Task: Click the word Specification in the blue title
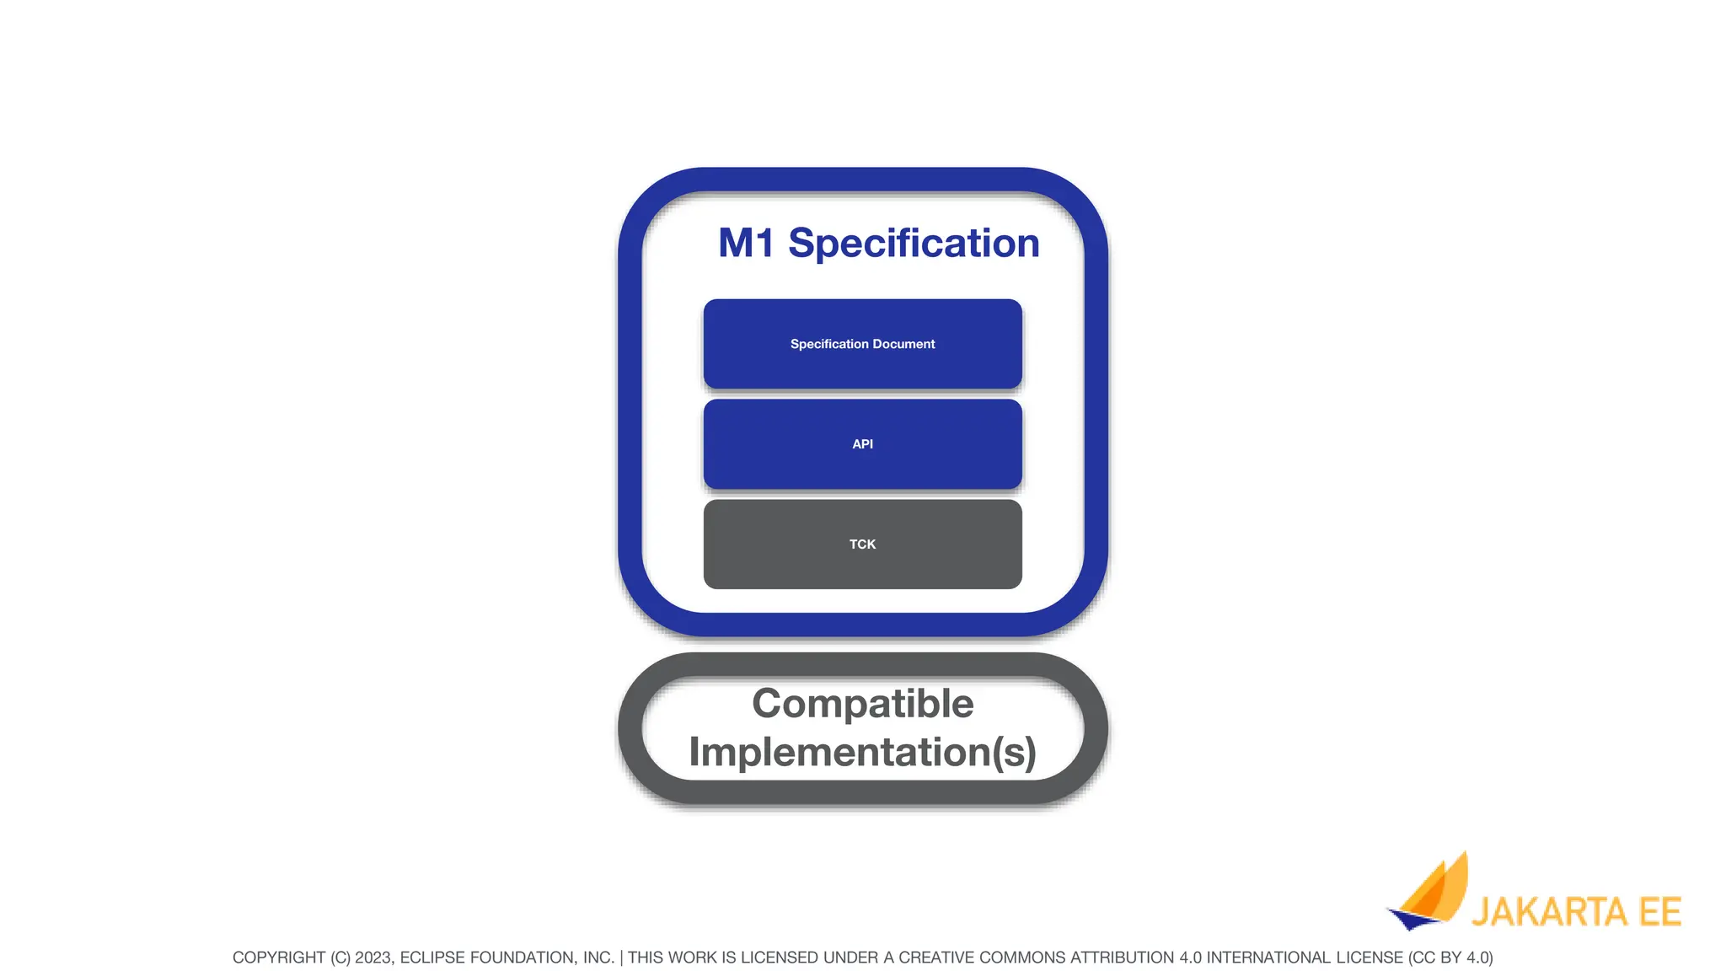[x=914, y=244]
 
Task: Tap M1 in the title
[x=745, y=244]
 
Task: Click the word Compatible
[x=862, y=703]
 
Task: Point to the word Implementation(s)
[x=862, y=752]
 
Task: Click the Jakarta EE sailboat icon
[x=1430, y=893]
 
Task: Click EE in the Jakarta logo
[x=1659, y=913]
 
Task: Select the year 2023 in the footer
[x=373, y=958]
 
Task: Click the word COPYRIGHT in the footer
[x=279, y=958]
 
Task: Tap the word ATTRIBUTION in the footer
[x=1122, y=958]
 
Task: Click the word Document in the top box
[x=903, y=344]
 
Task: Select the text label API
[x=862, y=444]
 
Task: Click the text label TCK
[x=862, y=545]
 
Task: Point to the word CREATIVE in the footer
[x=935, y=958]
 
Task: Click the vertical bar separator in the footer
[x=621, y=958]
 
